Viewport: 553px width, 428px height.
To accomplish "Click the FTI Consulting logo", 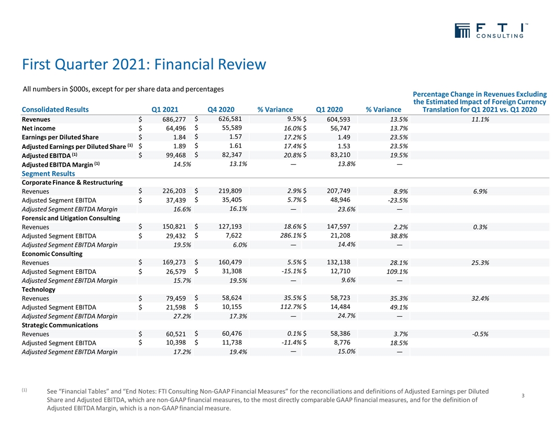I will pos(490,31).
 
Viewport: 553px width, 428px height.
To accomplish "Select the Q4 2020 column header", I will pos(220,110).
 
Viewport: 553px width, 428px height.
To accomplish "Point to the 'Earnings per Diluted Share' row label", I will pos(60,137).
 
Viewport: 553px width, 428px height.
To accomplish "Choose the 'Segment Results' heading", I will pos(48,174).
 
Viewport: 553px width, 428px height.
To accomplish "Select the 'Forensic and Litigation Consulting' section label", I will pos(71,218).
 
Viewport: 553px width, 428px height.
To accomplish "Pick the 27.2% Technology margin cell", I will pos(181,316).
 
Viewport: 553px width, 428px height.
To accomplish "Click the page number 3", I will pos(523,395).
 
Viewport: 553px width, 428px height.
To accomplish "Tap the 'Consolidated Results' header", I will pos(55,110).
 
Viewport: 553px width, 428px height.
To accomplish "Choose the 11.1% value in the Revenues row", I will pos(480,120).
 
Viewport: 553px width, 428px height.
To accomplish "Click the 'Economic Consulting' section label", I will pos(52,253).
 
